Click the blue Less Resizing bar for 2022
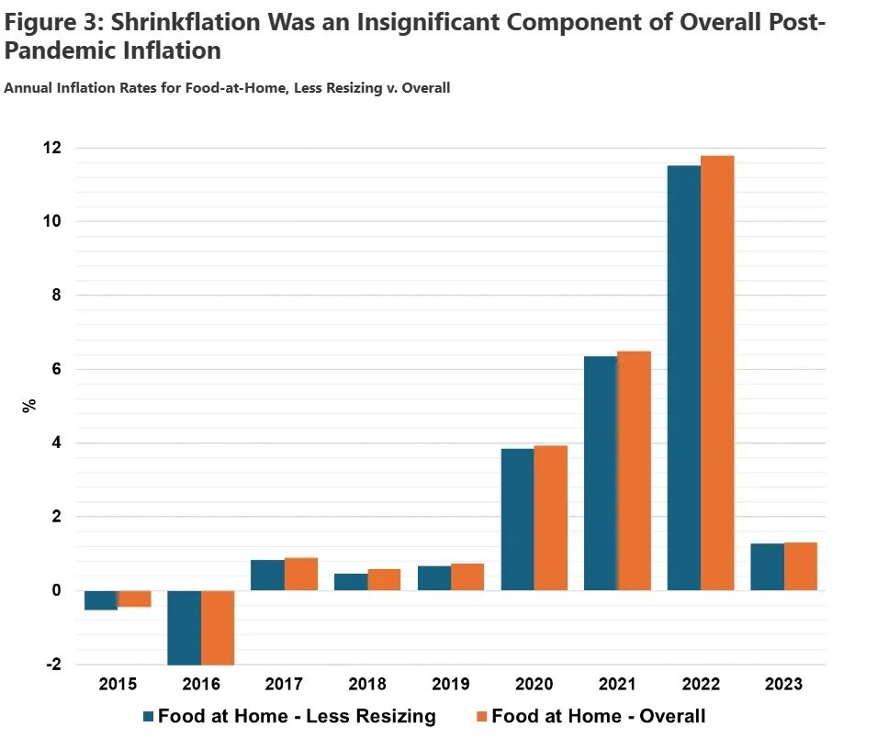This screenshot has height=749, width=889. [x=683, y=377]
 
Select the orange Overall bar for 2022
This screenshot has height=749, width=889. [x=717, y=373]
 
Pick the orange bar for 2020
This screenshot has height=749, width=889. [x=550, y=518]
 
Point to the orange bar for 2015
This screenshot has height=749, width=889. [x=134, y=598]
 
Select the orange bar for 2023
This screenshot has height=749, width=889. [x=800, y=566]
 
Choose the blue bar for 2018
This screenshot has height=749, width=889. [x=351, y=582]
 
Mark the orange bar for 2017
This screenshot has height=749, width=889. [x=300, y=574]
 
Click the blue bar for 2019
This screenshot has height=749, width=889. [x=433, y=578]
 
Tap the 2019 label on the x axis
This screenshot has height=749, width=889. [x=450, y=685]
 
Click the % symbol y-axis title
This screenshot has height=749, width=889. [x=29, y=405]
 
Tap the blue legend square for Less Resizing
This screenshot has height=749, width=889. [x=148, y=716]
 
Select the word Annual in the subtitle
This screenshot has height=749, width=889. [x=28, y=88]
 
